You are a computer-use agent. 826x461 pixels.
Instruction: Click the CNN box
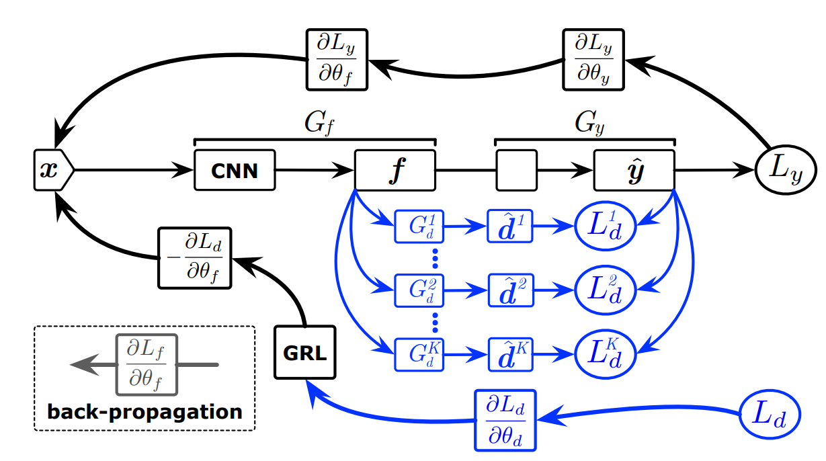[x=235, y=171]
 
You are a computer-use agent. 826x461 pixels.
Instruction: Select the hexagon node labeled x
[x=51, y=171]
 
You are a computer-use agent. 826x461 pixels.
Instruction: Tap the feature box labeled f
[x=395, y=171]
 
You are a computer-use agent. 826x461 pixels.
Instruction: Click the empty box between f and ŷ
[x=516, y=171]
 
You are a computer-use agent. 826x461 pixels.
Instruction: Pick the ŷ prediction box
[x=634, y=171]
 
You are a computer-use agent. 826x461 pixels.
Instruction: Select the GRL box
[x=304, y=352]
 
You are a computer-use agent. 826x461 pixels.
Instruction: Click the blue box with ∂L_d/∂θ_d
[x=505, y=420]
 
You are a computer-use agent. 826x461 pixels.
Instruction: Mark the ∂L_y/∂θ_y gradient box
[x=593, y=59]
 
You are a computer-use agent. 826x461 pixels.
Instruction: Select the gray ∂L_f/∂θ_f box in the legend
[x=147, y=364]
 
